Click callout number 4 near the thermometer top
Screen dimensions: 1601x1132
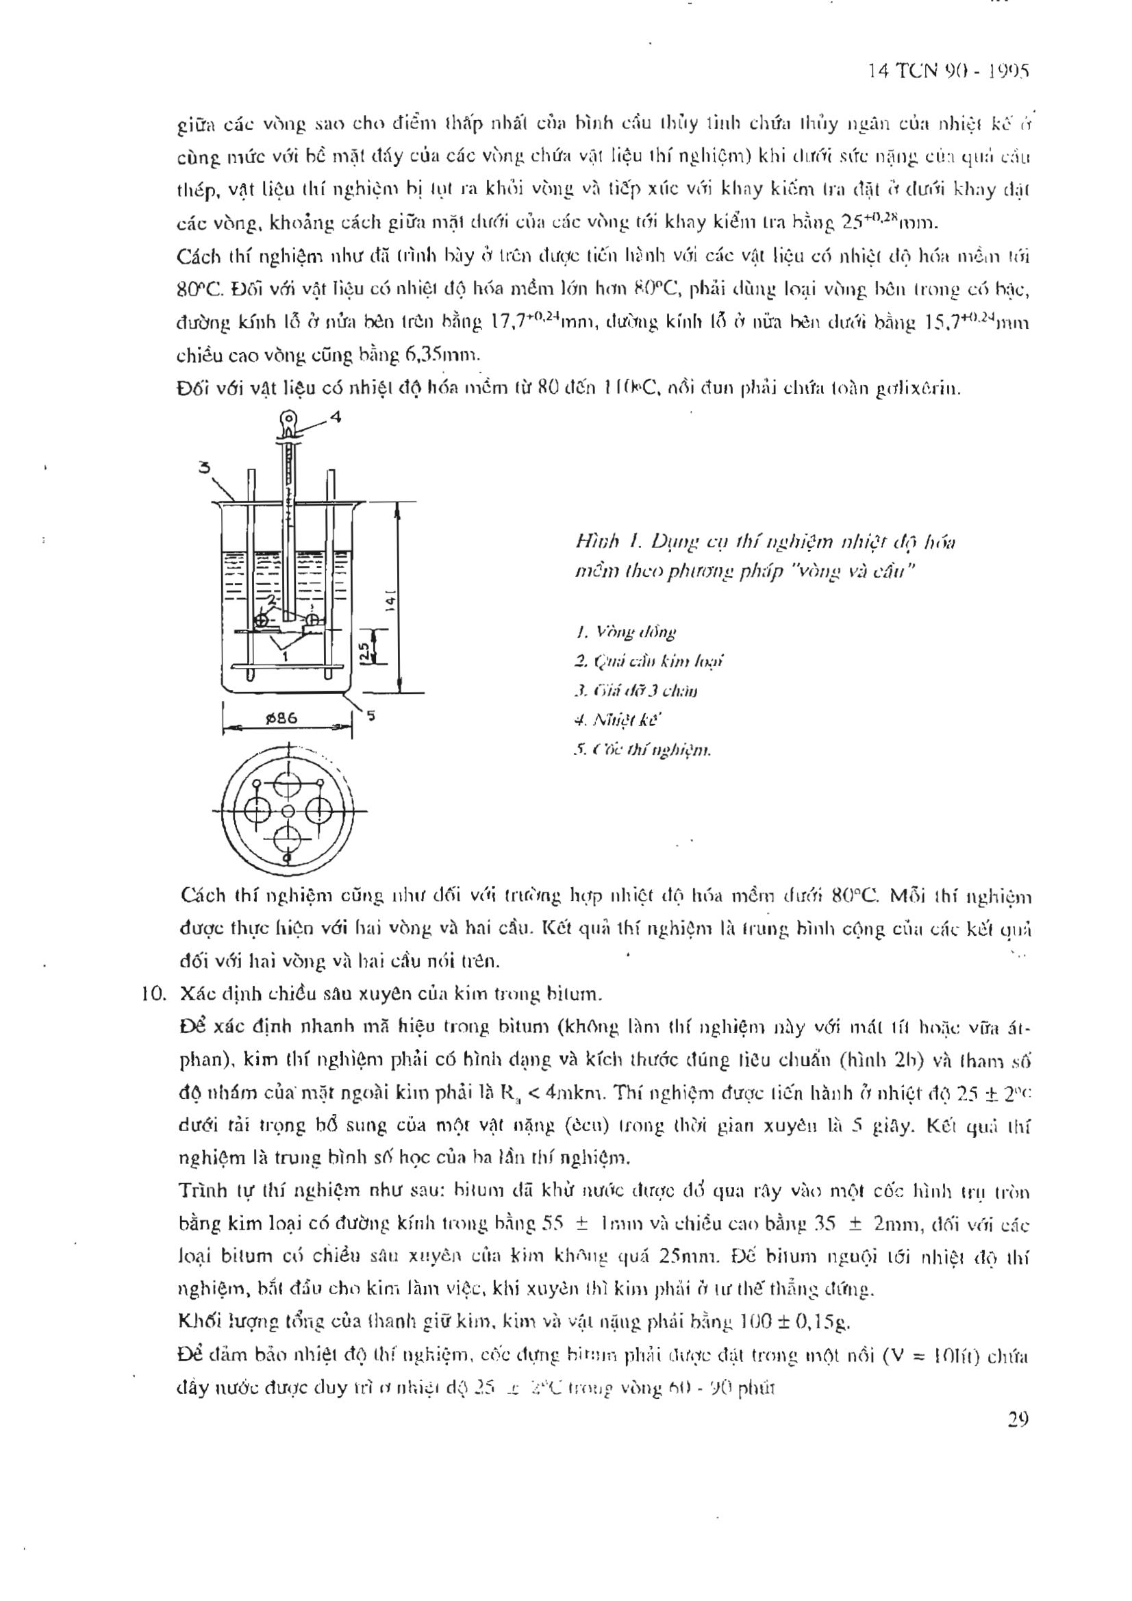[336, 418]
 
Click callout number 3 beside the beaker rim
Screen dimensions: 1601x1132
[205, 468]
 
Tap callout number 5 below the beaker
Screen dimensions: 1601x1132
[370, 714]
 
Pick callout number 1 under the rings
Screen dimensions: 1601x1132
[284, 656]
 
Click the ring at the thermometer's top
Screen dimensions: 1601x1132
[288, 421]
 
